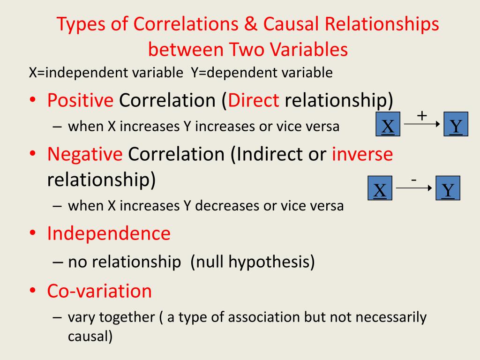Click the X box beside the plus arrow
tap(389, 124)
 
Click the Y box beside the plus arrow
tap(456, 124)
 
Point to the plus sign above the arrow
tap(422, 116)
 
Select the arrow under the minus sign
tap(413, 188)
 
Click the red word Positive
tap(80, 100)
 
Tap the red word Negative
tap(85, 154)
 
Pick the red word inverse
tap(362, 154)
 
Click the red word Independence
tap(109, 233)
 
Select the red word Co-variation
tap(99, 291)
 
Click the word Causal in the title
tap(290, 25)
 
